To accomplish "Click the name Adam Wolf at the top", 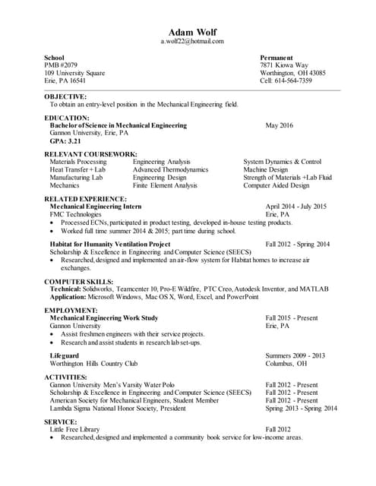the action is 191,33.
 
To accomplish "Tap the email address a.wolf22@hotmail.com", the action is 191,42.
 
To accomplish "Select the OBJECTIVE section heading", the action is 65,97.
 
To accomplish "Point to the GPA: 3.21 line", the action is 65,141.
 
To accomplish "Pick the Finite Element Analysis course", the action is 165,185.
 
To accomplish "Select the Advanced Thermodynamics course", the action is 170,170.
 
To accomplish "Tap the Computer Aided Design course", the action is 276,185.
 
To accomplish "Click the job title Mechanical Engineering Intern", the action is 96,207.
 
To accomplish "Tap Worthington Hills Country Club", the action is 93,364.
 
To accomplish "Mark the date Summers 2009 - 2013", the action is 295,355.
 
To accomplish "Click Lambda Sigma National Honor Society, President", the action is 118,409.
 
